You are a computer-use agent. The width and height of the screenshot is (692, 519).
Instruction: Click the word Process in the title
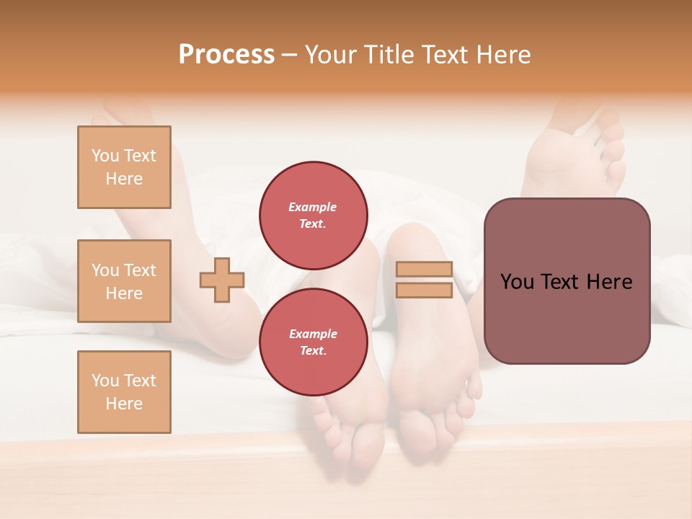click(226, 55)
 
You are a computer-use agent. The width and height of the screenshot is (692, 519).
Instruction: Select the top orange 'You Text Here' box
click(124, 167)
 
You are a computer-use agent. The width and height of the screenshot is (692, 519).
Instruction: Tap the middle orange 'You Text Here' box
click(124, 281)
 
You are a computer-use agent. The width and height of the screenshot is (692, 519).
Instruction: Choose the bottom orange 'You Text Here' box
click(124, 392)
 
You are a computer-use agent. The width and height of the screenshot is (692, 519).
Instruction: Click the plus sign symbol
click(222, 280)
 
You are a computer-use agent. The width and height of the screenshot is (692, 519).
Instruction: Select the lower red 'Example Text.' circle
click(313, 342)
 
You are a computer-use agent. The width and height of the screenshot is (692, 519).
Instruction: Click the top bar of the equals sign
click(425, 270)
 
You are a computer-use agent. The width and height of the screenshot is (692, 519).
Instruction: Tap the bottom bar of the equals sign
click(425, 290)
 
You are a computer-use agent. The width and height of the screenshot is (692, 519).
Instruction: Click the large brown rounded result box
click(567, 317)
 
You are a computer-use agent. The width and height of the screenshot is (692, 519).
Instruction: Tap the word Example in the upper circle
click(312, 207)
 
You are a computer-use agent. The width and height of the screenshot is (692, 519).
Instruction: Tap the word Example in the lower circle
click(312, 334)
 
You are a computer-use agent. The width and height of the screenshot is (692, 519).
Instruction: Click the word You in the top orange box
click(105, 156)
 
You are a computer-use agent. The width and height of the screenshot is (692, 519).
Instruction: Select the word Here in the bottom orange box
click(124, 404)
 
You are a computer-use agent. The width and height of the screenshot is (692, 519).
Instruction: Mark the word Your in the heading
click(331, 55)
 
